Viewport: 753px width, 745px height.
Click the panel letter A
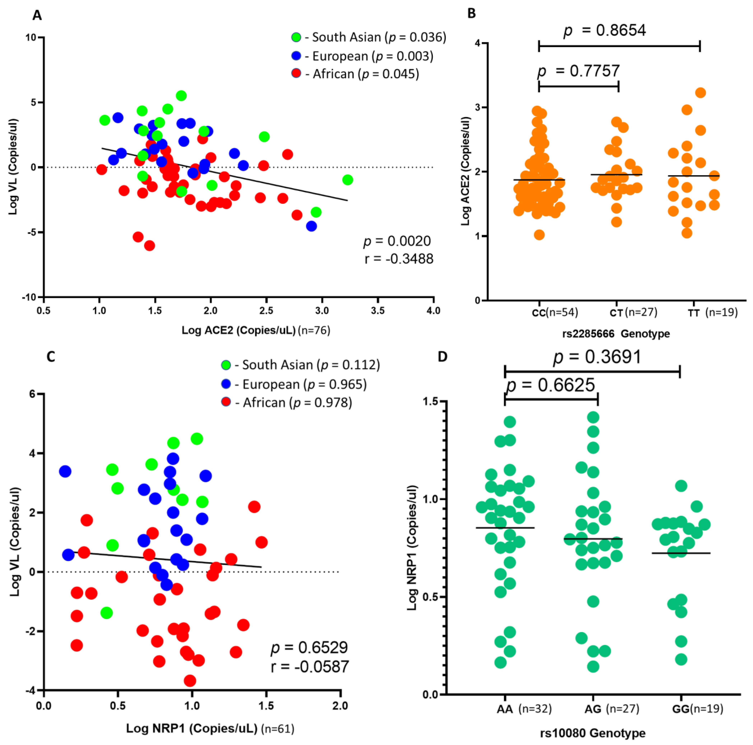(37, 15)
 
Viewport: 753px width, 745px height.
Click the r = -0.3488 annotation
(399, 259)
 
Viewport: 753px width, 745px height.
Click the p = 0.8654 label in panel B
(605, 30)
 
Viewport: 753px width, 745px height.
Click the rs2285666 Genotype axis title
(616, 334)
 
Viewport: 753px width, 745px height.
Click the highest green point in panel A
(181, 95)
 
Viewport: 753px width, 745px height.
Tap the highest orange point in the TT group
(700, 93)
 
